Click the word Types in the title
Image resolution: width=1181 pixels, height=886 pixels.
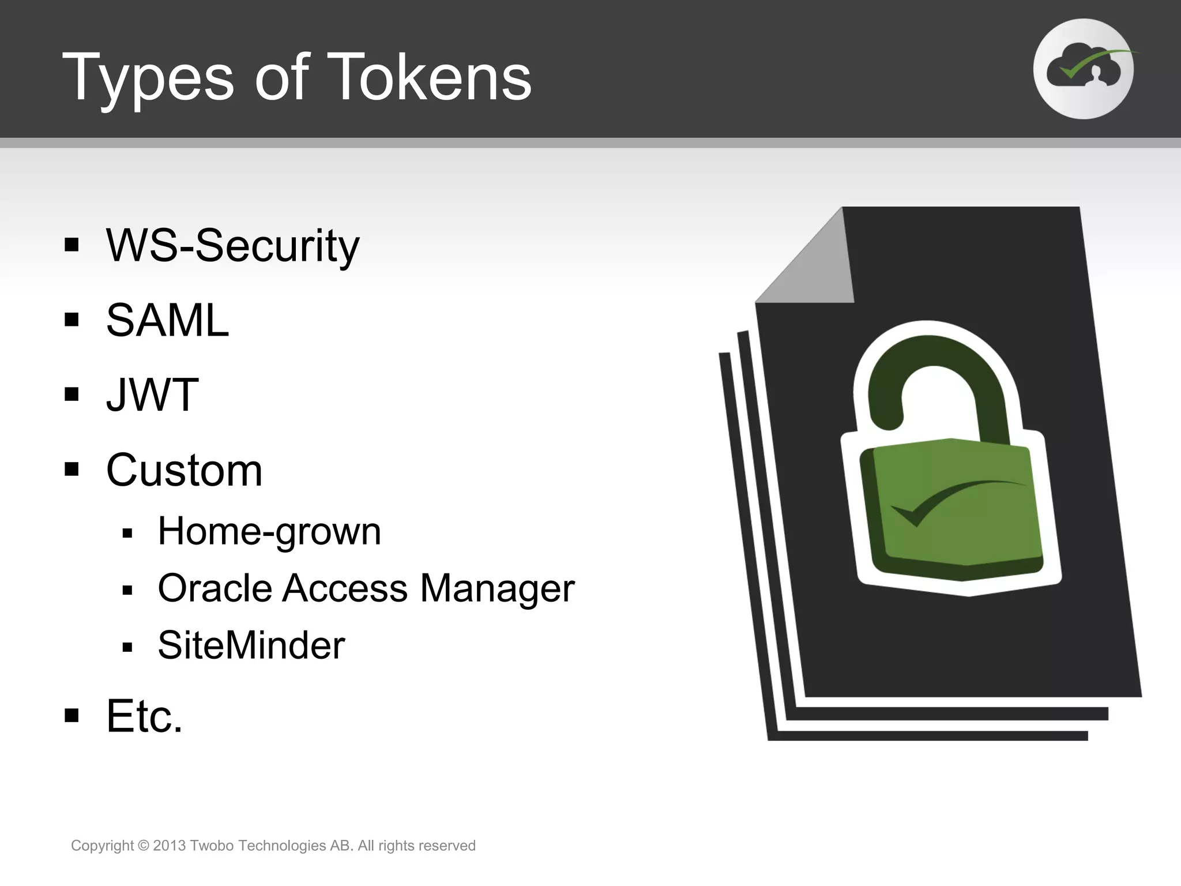[148, 78]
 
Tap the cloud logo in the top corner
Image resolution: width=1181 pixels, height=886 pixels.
[1083, 69]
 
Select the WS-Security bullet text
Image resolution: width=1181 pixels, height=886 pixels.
[232, 246]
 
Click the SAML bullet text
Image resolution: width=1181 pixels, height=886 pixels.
[167, 320]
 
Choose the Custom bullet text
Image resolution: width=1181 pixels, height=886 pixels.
[184, 470]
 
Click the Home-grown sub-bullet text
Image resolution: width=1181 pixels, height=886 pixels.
[269, 531]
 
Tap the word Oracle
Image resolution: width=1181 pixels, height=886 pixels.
[215, 588]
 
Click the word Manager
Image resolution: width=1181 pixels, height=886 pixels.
[497, 588]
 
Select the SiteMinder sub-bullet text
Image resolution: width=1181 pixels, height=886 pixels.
[251, 645]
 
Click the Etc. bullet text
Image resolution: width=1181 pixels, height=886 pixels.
[144, 716]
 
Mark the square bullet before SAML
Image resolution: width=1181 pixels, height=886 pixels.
[72, 320]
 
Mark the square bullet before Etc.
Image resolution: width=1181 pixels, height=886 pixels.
[72, 716]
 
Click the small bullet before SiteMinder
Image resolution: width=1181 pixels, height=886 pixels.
[127, 647]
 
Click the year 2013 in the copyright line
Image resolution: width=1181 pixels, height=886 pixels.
[169, 846]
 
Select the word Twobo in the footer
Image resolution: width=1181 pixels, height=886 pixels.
[211, 846]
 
